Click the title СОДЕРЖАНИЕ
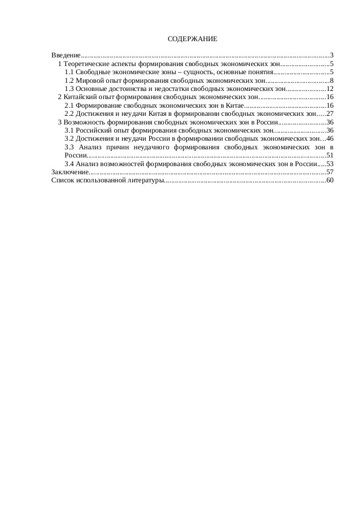(x=192, y=39)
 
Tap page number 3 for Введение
(x=332, y=55)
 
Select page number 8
(x=332, y=80)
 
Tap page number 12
(x=329, y=89)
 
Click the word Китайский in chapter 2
(x=80, y=97)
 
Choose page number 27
(x=329, y=114)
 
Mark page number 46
(x=329, y=139)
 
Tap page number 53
(x=329, y=164)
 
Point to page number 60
(x=329, y=180)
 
